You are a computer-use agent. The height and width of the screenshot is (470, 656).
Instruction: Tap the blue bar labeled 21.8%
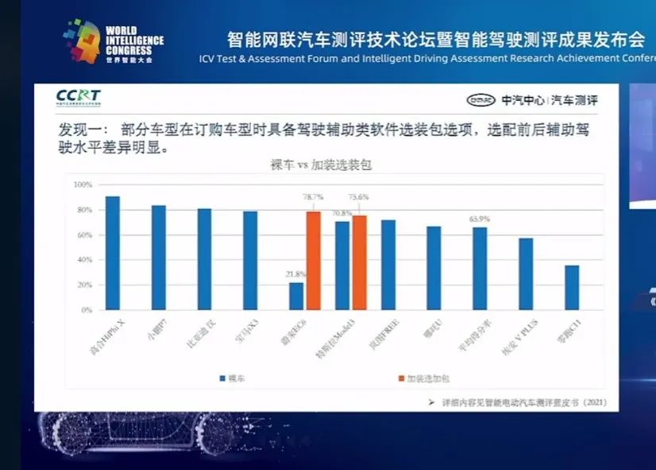296,296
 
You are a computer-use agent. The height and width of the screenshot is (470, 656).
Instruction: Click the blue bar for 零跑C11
572,287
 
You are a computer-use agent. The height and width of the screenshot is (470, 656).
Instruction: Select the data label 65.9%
479,219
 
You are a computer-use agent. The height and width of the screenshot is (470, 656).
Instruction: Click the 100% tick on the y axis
83,185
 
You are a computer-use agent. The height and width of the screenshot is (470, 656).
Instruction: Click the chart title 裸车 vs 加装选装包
322,165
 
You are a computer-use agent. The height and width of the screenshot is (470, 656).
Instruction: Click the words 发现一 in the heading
77,129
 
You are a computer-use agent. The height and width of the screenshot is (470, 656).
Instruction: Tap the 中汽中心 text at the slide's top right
522,100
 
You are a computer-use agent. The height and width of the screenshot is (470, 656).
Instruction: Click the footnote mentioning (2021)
516,403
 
